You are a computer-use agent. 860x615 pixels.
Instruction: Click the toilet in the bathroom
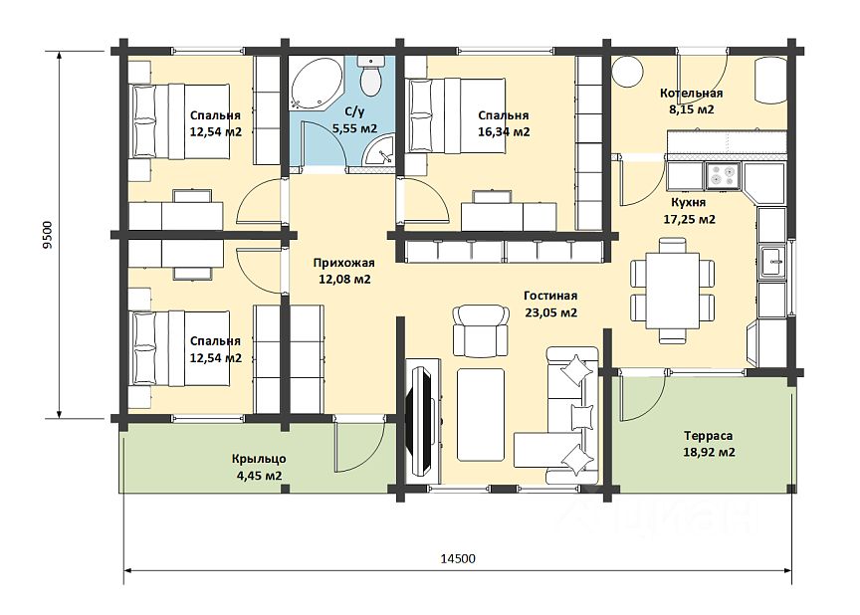click(371, 75)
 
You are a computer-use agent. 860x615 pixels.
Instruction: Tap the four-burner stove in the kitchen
click(723, 175)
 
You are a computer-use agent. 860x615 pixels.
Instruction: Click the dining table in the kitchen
click(673, 291)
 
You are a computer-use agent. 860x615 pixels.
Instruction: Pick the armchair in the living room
click(480, 330)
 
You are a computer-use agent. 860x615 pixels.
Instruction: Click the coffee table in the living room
click(481, 414)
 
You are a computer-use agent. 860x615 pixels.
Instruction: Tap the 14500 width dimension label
click(458, 558)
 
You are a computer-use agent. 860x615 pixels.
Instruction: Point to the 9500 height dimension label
click(48, 235)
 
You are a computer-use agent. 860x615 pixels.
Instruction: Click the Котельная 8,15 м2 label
click(691, 101)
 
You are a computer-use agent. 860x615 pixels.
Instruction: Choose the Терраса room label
click(709, 436)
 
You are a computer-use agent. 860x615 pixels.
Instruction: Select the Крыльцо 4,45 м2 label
click(260, 467)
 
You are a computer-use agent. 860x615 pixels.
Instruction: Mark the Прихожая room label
click(343, 263)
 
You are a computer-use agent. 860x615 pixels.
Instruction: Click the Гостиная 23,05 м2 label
click(550, 305)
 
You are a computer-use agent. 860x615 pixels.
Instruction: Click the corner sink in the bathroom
click(381, 150)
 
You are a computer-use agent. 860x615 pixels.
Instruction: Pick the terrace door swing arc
click(643, 397)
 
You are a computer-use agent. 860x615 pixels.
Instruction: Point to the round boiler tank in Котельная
click(627, 72)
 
